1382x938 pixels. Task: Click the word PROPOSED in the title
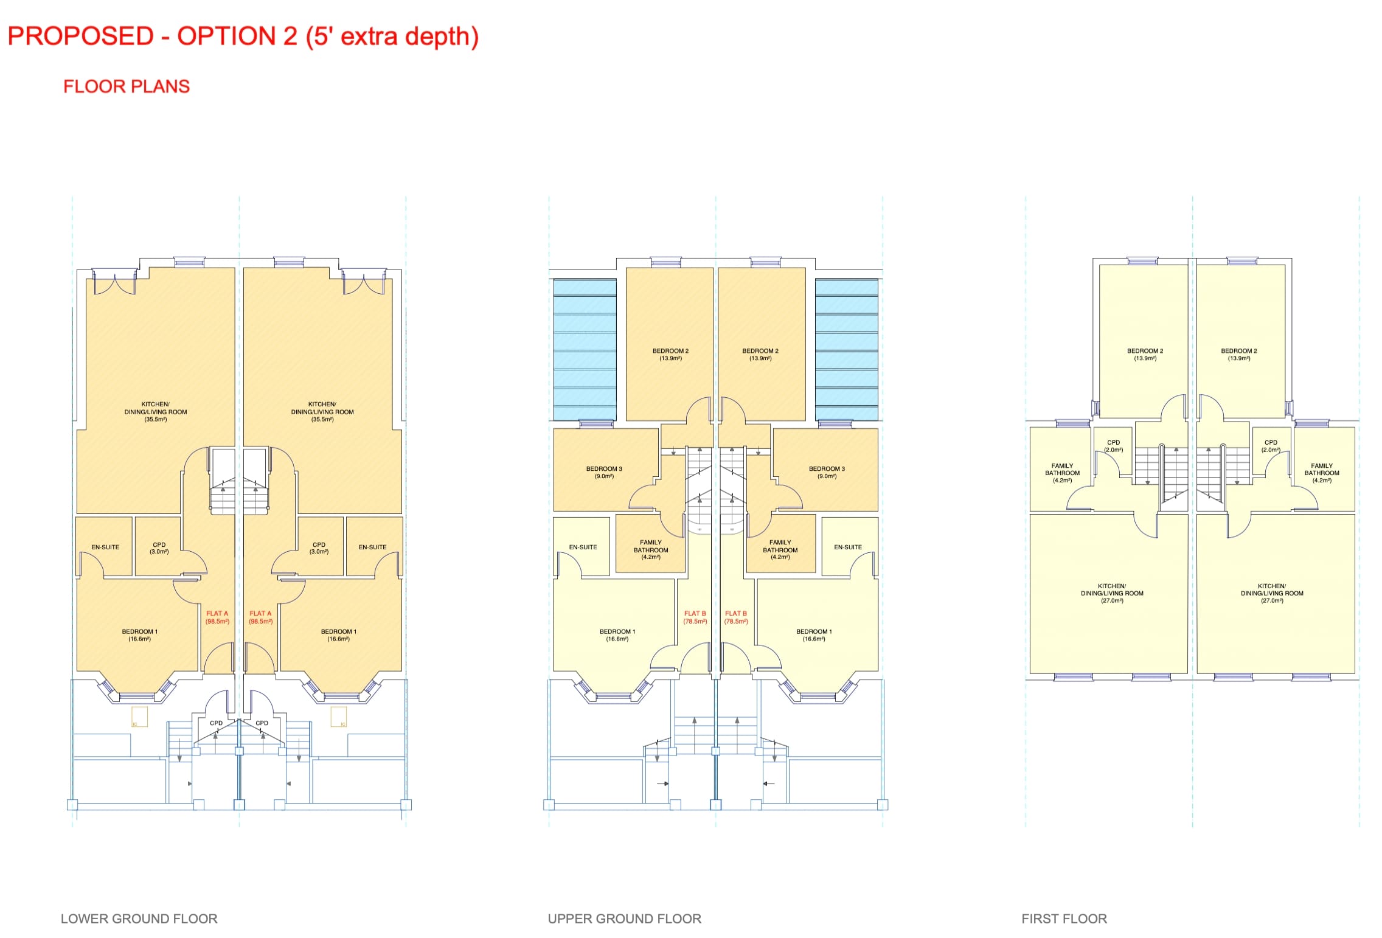(80, 36)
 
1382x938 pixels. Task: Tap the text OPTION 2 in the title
(237, 36)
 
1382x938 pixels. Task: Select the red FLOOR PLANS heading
(127, 86)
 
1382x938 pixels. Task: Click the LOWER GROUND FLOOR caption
(139, 919)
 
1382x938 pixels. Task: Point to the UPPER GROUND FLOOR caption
(624, 919)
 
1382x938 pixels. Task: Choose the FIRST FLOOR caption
(1064, 919)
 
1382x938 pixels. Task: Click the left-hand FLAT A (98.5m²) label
(217, 617)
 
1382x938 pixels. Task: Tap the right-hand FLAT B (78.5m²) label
(736, 617)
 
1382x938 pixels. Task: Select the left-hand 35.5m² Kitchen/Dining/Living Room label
(156, 412)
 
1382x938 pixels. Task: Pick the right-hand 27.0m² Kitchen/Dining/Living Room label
(1272, 593)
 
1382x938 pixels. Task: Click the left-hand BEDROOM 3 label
(604, 473)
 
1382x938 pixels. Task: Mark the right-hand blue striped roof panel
(846, 350)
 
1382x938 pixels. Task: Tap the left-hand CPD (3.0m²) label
(159, 548)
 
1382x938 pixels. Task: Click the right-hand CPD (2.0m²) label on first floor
(1271, 446)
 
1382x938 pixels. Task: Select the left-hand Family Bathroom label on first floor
(1062, 473)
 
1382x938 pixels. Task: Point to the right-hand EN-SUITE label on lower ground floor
(372, 547)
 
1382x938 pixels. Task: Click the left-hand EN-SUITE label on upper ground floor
(583, 547)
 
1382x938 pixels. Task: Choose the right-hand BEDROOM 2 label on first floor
(1238, 355)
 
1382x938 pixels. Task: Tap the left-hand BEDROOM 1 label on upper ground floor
(617, 635)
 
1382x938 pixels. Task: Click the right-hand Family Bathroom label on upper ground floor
(780, 549)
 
